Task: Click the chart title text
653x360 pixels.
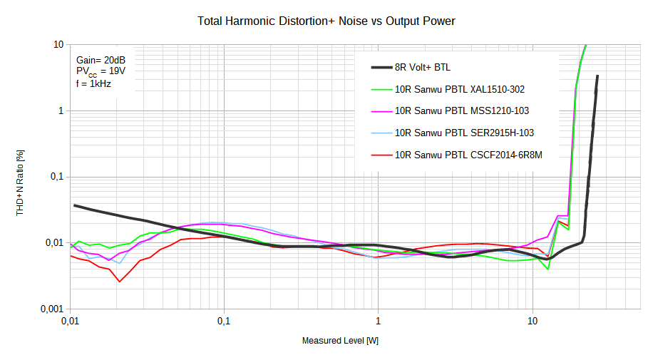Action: (326, 21)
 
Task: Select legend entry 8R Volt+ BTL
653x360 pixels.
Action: (422, 68)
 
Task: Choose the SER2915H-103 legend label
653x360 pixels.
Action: (464, 133)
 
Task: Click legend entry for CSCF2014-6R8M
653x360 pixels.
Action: (468, 154)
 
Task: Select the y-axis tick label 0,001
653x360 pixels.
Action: (51, 309)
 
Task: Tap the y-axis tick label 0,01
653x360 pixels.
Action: (54, 243)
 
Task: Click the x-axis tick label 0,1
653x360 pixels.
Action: (224, 322)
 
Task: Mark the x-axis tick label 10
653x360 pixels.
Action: (533, 322)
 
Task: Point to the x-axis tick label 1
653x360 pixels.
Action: (379, 322)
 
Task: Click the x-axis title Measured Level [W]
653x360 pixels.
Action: (340, 341)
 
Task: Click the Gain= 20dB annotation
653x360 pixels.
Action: (101, 61)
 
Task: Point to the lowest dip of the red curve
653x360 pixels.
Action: (119, 282)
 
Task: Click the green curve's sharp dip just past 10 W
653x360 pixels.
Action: (547, 269)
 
